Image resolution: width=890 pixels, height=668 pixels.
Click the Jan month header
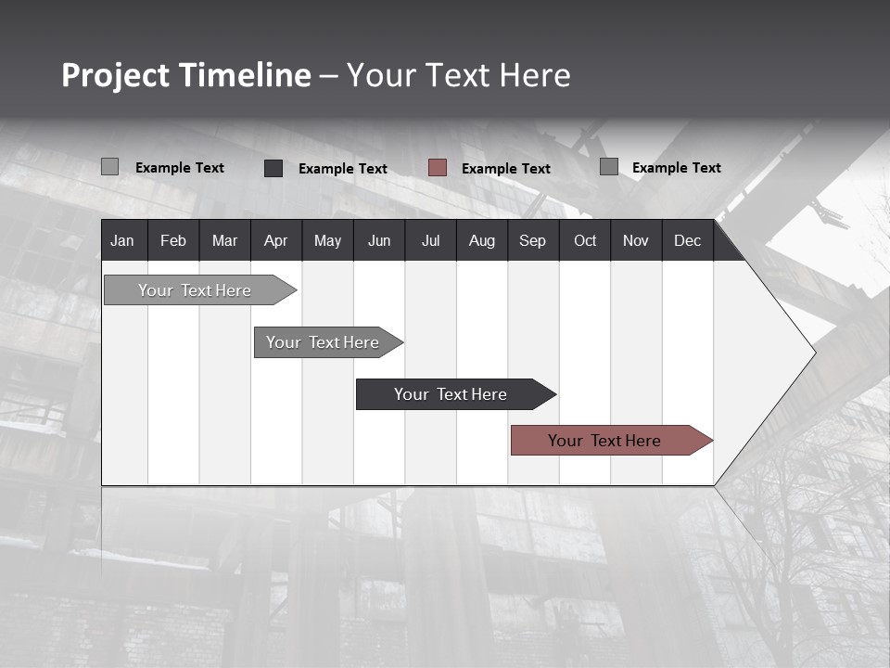click(x=122, y=241)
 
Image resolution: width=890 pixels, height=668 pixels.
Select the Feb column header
click(x=173, y=241)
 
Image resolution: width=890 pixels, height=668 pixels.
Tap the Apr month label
click(x=275, y=241)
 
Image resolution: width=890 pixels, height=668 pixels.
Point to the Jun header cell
click(x=379, y=241)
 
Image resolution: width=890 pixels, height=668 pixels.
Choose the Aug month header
click(x=481, y=241)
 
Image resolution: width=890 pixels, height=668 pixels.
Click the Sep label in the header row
click(x=532, y=241)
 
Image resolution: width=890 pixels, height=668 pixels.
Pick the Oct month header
click(x=585, y=241)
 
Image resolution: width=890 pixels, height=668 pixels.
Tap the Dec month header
click(x=687, y=241)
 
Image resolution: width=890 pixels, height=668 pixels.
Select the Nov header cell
click(x=636, y=241)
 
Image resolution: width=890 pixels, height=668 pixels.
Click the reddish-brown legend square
click(x=438, y=168)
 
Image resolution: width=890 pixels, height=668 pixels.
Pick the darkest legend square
click(x=273, y=168)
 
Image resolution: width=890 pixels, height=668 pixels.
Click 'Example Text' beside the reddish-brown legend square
click(x=506, y=169)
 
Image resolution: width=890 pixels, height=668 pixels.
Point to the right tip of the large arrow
click(x=813, y=352)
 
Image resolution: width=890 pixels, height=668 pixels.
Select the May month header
click(x=327, y=241)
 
